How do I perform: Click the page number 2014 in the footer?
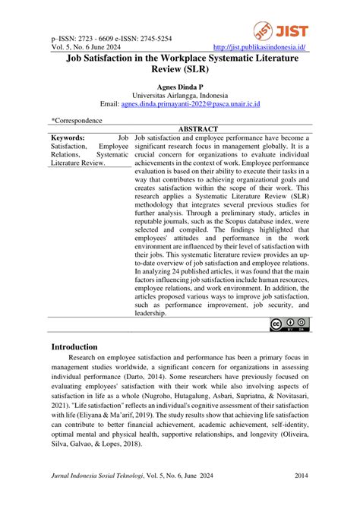click(x=301, y=477)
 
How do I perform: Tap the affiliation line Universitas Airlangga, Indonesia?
click(x=180, y=95)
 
